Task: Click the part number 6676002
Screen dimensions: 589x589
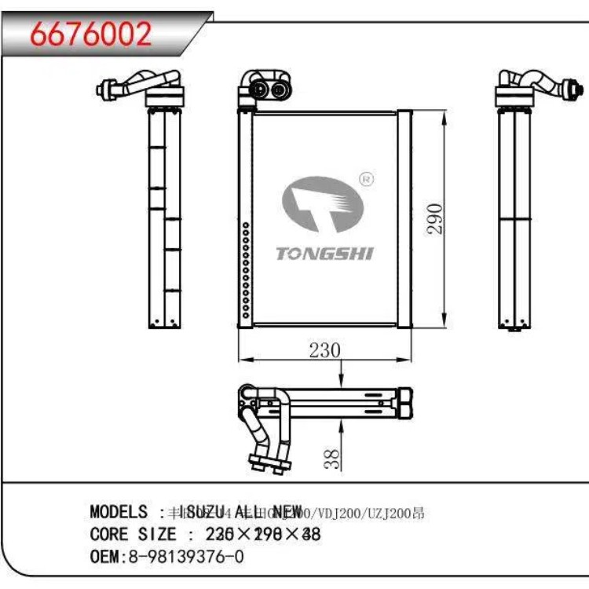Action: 91,35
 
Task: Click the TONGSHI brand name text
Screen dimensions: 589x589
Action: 325,253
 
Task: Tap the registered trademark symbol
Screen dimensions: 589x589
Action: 366,180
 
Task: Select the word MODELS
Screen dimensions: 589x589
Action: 119,512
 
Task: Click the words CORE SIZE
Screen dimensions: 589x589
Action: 134,535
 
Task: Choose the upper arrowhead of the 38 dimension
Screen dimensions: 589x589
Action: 340,382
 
